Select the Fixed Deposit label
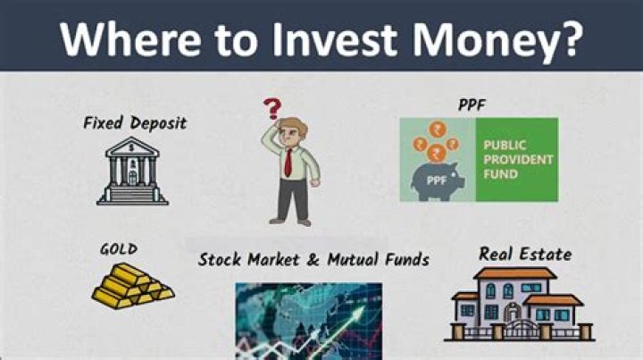coord(135,122)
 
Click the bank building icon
coord(133,172)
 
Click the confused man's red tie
coord(289,162)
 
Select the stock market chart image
coord(308,321)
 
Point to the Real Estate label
coord(525,254)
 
